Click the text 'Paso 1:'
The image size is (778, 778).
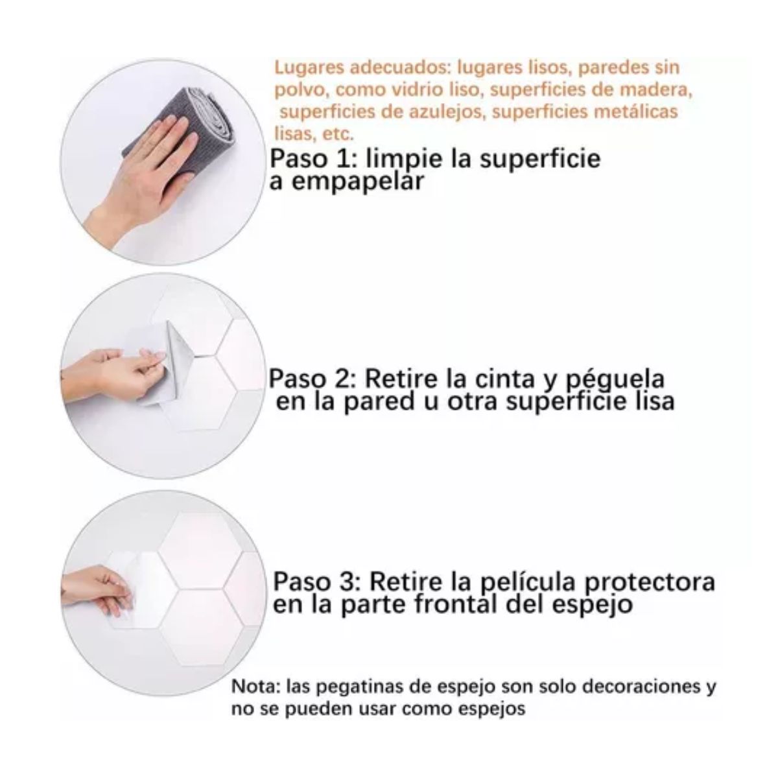(x=308, y=159)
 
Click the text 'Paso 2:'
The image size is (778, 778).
(x=312, y=379)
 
